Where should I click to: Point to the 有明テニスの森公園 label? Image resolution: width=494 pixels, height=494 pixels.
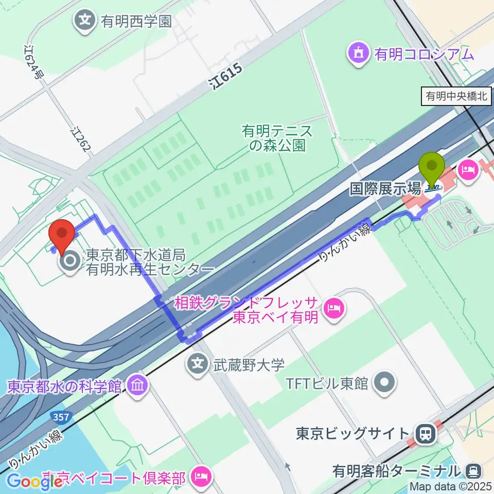pos(277,138)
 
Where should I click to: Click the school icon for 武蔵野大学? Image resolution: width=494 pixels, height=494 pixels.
pos(198,365)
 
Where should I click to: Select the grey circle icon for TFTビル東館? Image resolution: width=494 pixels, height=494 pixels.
pos(386,382)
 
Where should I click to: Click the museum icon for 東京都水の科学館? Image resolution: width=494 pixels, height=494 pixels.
pos(137,385)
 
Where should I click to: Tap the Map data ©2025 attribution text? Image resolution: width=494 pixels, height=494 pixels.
pos(450,485)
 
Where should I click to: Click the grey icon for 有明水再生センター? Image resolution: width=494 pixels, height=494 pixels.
pos(70,262)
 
